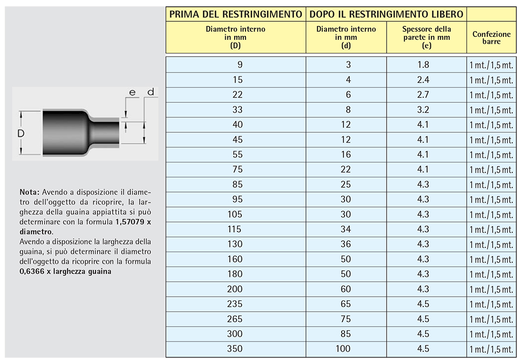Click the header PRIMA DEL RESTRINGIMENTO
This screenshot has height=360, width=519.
coord(236,14)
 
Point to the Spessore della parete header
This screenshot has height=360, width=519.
coord(427,37)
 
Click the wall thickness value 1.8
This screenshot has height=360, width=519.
coord(424,65)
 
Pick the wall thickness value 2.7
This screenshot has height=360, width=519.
coord(424,95)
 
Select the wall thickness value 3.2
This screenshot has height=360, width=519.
coord(424,110)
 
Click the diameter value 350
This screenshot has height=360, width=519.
coord(235,349)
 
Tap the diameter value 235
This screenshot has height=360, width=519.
coord(235,304)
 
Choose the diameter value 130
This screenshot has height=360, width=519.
coord(235,244)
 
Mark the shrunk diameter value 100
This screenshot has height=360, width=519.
coord(343,349)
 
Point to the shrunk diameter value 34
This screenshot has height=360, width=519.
coord(346,229)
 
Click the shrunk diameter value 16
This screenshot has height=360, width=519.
coord(346,155)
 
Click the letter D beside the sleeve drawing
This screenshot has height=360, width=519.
coord(21,133)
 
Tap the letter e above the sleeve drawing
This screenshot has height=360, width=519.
coord(132,92)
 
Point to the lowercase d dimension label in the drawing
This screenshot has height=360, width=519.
coord(150,92)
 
